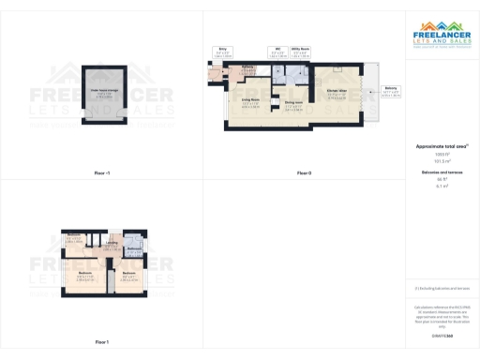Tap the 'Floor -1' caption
(102, 173)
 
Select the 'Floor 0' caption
(304, 173)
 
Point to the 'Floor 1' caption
(102, 342)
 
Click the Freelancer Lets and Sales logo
(442, 37)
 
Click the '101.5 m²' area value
(442, 160)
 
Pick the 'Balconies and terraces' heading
(442, 172)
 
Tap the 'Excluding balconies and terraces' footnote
(442, 289)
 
